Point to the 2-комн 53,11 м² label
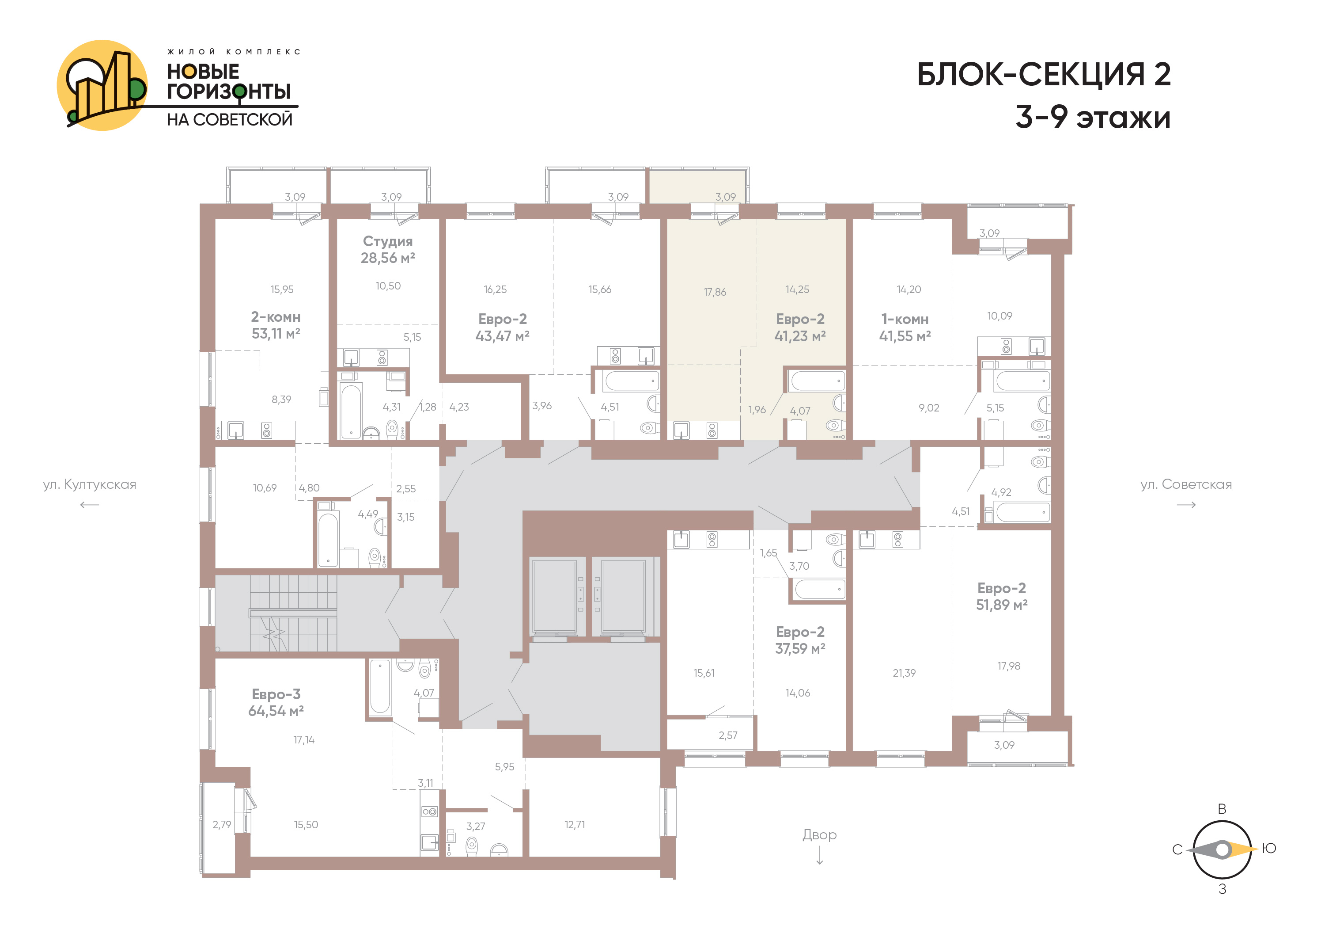coord(276,325)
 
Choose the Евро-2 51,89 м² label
coord(1002,596)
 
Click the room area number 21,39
coord(904,673)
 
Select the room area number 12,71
coord(575,824)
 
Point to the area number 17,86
coord(715,292)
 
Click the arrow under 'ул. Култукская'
coord(90,505)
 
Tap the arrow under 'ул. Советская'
coord(1186,505)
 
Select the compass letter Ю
coord(1269,848)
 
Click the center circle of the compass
coord(1222,850)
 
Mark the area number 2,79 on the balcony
coord(222,824)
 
